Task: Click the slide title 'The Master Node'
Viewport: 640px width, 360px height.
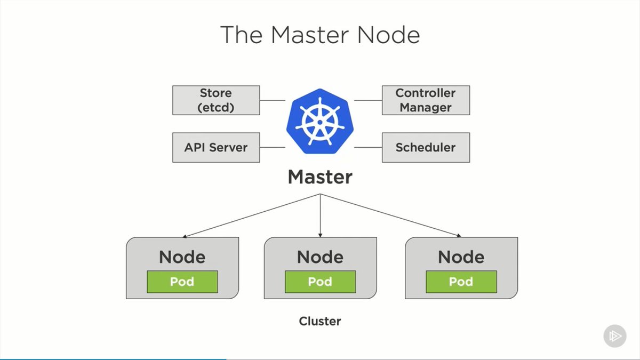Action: tap(320, 35)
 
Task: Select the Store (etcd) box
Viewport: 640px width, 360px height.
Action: tap(216, 100)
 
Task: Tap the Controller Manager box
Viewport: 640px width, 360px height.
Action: tap(426, 100)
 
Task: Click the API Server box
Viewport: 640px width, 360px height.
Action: tap(216, 147)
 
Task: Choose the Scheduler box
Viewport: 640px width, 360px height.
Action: tap(426, 147)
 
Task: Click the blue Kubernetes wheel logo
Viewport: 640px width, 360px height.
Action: tap(320, 122)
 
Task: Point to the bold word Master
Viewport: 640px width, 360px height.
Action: tap(320, 177)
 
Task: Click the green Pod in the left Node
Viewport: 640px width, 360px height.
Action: tap(182, 282)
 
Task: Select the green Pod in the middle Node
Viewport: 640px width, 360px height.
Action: tap(320, 282)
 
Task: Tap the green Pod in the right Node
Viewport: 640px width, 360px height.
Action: tap(461, 282)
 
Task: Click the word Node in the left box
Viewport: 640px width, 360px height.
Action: tap(182, 257)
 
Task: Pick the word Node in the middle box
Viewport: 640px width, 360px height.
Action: tap(320, 257)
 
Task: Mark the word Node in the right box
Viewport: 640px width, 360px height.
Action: tap(461, 257)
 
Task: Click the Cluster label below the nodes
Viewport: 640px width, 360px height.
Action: tap(319, 321)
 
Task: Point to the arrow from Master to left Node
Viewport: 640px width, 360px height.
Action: tap(251, 215)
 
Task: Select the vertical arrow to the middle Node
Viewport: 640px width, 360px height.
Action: tap(320, 216)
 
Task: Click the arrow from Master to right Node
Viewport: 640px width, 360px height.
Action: tap(389, 215)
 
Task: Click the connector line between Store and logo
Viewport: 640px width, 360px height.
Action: tap(273, 100)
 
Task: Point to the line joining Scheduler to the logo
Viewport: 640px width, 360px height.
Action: tap(367, 147)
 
